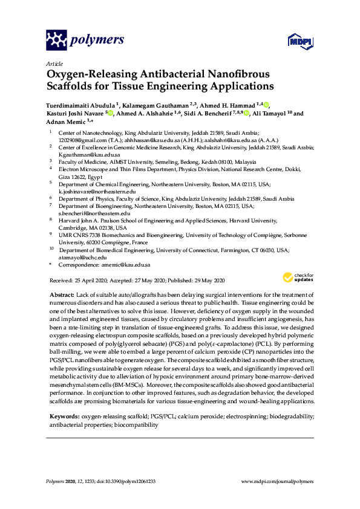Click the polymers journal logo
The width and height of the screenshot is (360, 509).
pyautogui.click(x=85, y=40)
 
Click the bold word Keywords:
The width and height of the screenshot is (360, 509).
pyautogui.click(x=64, y=400)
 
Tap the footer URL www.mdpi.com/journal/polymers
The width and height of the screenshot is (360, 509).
pyautogui.click(x=278, y=481)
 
